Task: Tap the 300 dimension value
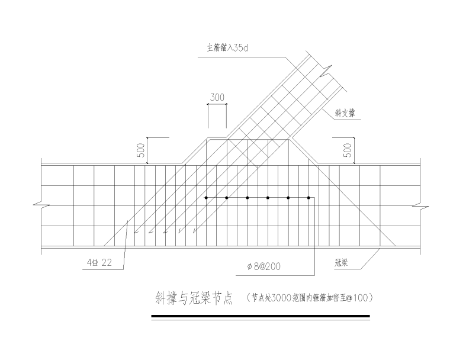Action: pos(217,97)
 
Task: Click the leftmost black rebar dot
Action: pos(206,197)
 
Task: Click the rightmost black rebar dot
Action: pos(308,197)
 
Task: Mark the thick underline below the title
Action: pos(261,317)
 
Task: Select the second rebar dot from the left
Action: pos(227,197)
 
